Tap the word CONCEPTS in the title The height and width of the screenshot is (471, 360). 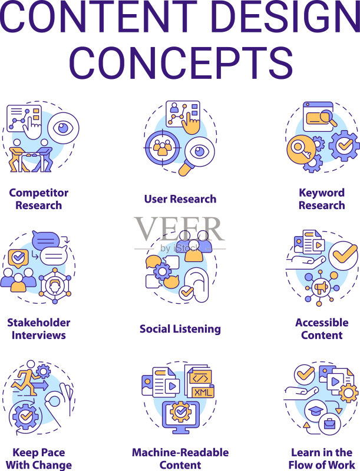[181, 62]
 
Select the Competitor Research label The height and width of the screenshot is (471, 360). [39, 199]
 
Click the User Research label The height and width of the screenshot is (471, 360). [180, 199]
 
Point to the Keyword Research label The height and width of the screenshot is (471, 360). [322, 199]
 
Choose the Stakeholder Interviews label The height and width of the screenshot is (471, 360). [39, 329]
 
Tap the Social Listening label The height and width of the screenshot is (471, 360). [180, 329]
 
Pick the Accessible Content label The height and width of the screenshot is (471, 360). [322, 329]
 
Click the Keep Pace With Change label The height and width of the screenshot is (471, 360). [39, 459]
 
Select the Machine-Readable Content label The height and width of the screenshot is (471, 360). [180, 459]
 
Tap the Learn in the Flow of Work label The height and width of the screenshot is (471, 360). [322, 459]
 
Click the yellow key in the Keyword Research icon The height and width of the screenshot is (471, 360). [301, 150]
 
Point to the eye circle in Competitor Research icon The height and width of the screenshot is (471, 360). [63, 128]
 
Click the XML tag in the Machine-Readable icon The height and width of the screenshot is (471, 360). [203, 392]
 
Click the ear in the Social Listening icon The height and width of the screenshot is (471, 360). [197, 285]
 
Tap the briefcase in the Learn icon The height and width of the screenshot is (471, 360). [329, 424]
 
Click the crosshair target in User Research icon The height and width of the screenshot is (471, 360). [162, 148]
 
